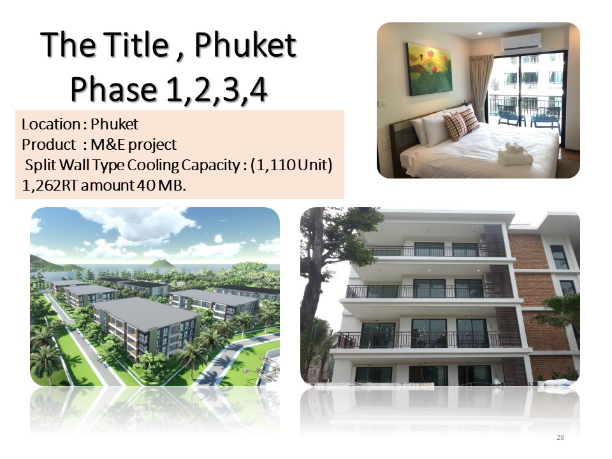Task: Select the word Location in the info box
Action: click(x=51, y=124)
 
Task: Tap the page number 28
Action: click(x=560, y=437)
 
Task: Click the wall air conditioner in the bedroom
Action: click(x=521, y=42)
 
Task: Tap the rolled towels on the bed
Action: click(x=514, y=154)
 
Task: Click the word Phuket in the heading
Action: click(x=245, y=45)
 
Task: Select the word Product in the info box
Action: click(x=49, y=145)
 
